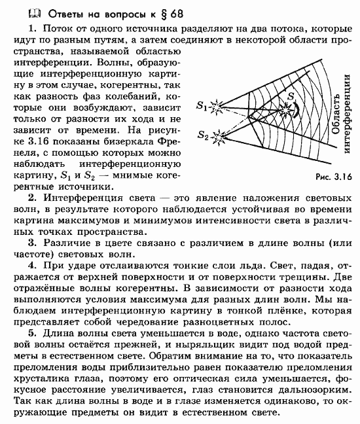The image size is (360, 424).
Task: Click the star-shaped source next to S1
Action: click(x=220, y=105)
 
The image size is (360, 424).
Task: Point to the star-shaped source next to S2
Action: click(x=219, y=139)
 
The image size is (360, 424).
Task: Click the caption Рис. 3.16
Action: click(x=333, y=177)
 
